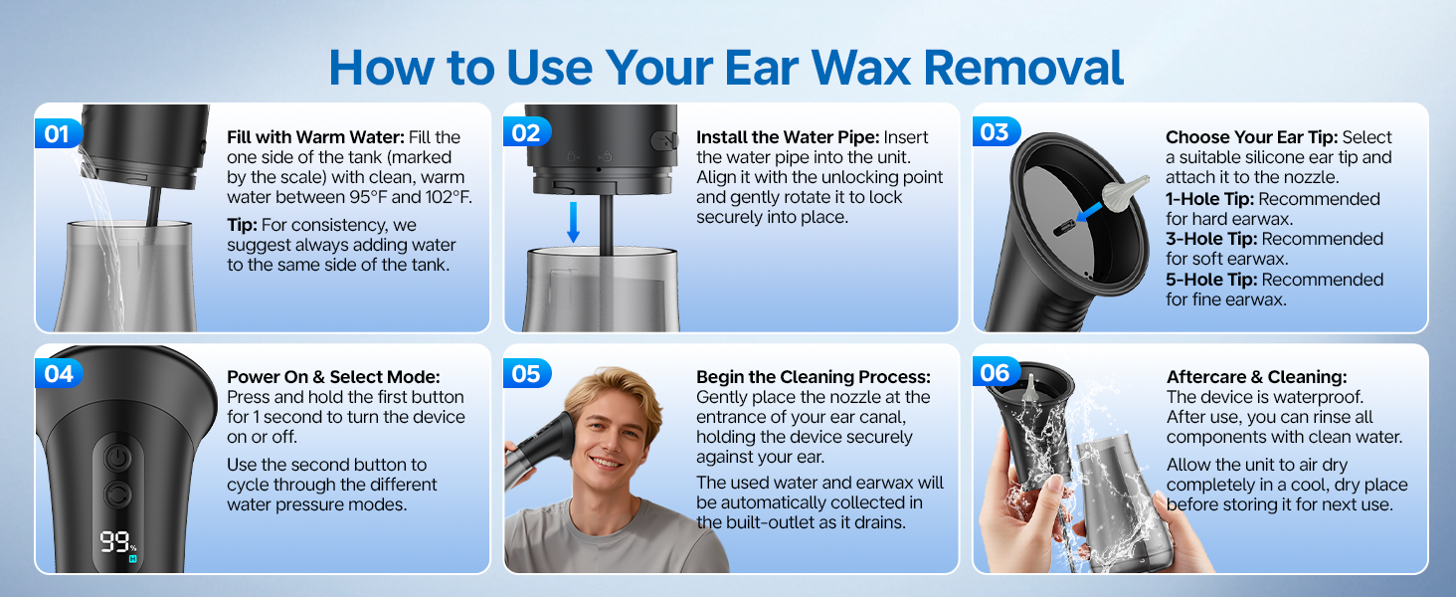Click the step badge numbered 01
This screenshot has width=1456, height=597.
[58, 133]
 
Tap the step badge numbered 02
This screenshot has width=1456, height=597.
[526, 132]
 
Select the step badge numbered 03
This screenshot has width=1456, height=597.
[996, 132]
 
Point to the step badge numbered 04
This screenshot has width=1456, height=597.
[59, 374]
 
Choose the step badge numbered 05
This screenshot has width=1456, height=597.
[526, 374]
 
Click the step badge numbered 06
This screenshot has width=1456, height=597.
[996, 373]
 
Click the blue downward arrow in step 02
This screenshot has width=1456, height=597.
[573, 223]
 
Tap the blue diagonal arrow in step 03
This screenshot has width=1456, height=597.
[1089, 212]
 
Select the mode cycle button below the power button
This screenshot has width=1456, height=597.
[117, 495]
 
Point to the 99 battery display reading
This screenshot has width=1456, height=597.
[115, 541]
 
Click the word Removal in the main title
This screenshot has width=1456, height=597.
[1023, 68]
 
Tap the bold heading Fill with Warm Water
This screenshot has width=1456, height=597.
[316, 137]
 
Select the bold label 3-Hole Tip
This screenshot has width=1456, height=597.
[1211, 239]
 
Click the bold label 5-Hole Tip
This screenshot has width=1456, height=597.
[1211, 280]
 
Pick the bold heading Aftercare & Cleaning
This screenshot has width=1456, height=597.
[1256, 377]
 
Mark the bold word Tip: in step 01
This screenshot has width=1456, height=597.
[242, 225]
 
